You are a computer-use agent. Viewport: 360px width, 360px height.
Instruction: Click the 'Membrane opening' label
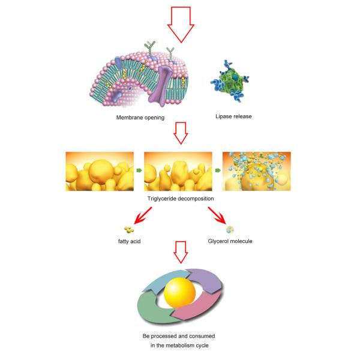(x=140, y=118)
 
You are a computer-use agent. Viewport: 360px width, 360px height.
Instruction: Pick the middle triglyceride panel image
(x=179, y=171)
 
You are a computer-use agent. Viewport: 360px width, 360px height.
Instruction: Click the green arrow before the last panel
(x=219, y=171)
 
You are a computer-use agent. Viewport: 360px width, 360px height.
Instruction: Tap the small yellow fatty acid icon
(x=128, y=230)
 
